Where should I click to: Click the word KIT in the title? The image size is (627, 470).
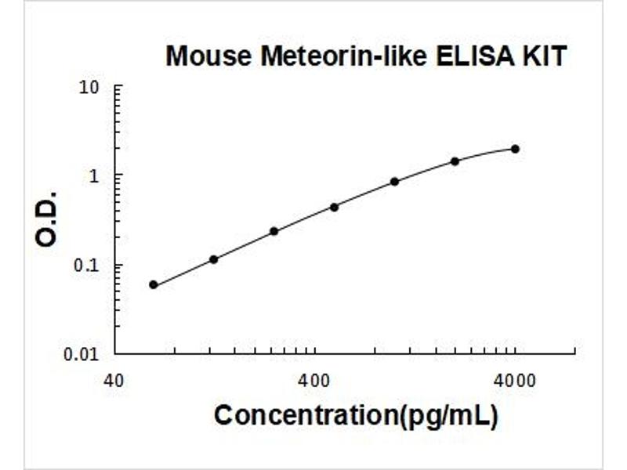(543, 56)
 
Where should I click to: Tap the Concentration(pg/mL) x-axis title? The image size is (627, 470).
(356, 415)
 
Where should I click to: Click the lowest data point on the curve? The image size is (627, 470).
(153, 284)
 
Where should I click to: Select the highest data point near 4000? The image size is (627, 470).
(515, 149)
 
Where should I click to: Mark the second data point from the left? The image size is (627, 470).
(213, 259)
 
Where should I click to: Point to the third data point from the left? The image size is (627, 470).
(274, 231)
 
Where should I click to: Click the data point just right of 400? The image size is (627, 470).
(334, 207)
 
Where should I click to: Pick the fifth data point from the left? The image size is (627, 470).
(394, 182)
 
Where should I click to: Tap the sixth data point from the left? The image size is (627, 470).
(455, 161)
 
